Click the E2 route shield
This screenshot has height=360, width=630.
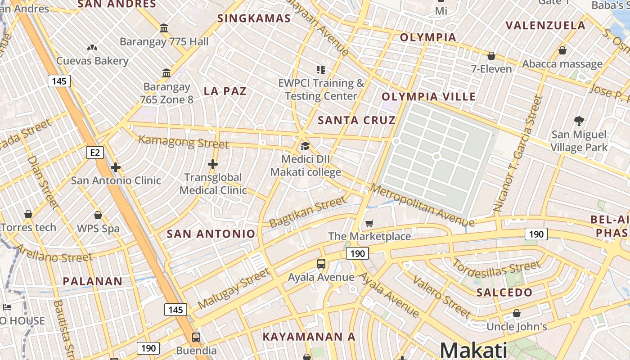pos(95,153)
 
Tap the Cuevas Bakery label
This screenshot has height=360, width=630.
pos(92,61)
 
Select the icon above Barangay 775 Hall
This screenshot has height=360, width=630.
pos(164,28)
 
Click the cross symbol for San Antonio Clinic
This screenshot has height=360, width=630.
pos(116,167)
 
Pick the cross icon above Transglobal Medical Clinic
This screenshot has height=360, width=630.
pos(213,164)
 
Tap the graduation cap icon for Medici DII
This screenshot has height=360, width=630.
pos(305,146)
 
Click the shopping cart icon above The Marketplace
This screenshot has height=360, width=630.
pos(369,223)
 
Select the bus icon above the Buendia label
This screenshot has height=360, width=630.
pos(196,337)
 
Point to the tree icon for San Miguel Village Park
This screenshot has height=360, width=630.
pos(579,121)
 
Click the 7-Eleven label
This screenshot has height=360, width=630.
pos(491,69)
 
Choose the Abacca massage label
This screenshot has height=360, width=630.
pos(562,64)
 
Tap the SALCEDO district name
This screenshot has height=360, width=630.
pos(504,292)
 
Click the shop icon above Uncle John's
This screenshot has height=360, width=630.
pos(517,313)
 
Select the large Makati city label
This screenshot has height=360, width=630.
pos(473,350)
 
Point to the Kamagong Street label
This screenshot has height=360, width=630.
pos(184,142)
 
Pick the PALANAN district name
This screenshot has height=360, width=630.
pos(92,282)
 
